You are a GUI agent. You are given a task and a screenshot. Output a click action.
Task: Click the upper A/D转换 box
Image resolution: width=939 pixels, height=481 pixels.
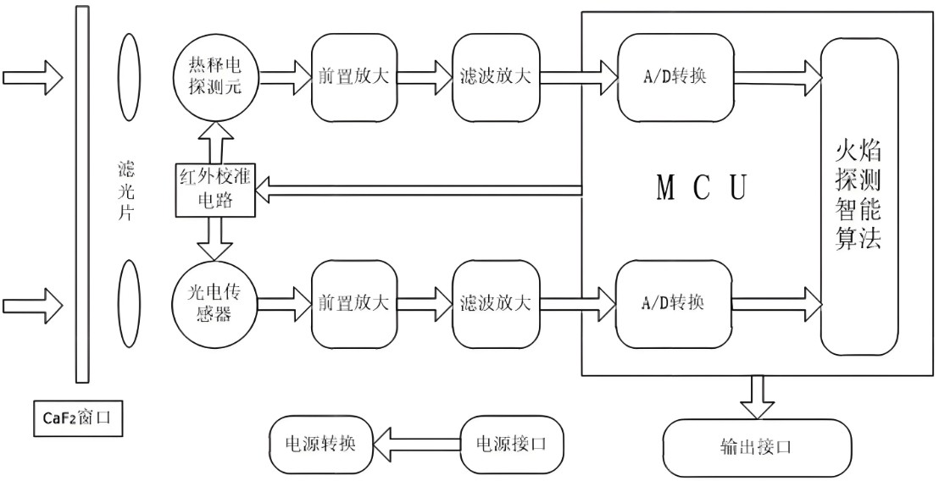coord(674,78)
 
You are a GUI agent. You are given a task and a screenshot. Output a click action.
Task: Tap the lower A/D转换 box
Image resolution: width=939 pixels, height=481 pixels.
coord(674,302)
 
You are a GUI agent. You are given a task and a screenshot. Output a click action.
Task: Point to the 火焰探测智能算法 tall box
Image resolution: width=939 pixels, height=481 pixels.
coord(858,196)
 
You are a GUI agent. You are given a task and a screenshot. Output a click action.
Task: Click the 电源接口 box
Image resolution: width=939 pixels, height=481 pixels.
coord(512,443)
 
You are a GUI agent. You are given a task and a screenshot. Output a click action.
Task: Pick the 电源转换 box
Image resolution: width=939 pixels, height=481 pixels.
coord(321,443)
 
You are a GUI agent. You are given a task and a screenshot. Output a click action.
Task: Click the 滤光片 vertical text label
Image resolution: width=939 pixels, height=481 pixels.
coord(127,191)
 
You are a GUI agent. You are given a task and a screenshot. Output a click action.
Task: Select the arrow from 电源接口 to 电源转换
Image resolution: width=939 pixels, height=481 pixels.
coord(417,443)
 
